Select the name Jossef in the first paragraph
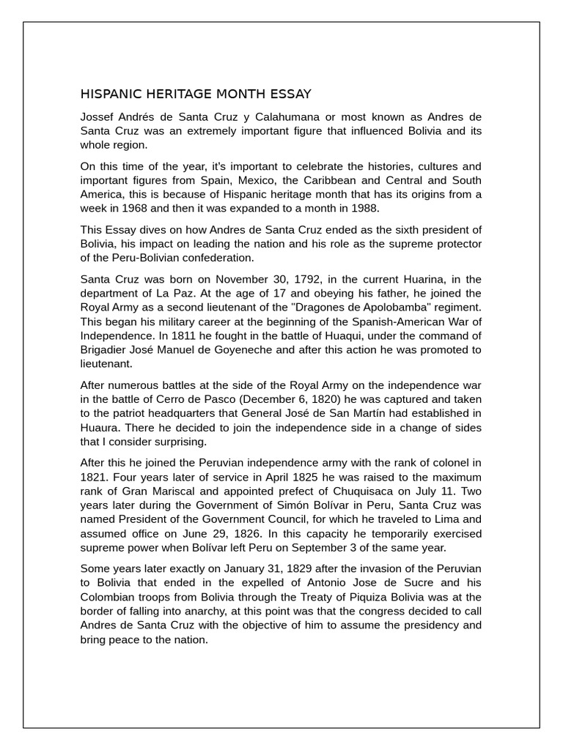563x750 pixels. click(x=97, y=118)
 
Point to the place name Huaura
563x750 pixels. click(x=100, y=428)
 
